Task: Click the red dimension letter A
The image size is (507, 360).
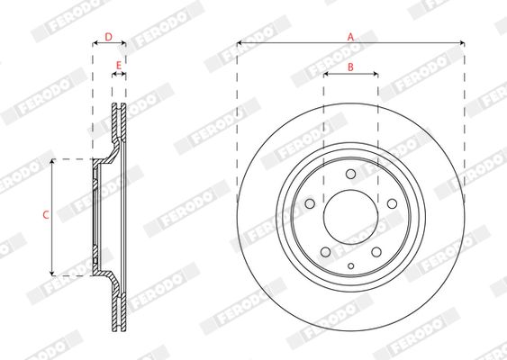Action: [x=351, y=37]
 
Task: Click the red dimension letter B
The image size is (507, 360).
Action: [x=350, y=67]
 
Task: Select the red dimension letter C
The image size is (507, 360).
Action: [x=46, y=214]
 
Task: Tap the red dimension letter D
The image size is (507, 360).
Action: [x=109, y=37]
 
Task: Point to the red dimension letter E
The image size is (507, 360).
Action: [x=119, y=66]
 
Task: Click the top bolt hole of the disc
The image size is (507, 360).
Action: [x=351, y=174]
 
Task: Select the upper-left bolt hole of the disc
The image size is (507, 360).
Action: [x=310, y=203]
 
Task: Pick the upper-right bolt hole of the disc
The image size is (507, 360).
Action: [x=393, y=203]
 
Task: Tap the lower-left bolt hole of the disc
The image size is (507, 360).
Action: [x=325, y=252]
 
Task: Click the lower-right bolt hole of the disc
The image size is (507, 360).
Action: [x=376, y=252]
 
